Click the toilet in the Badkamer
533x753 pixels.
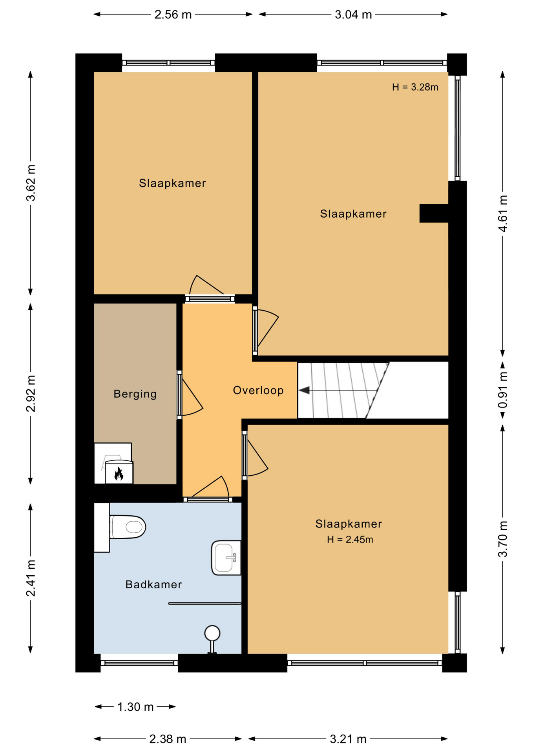pyautogui.click(x=128, y=527)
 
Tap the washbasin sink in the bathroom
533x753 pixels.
pyautogui.click(x=226, y=558)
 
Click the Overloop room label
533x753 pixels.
pyautogui.click(x=258, y=390)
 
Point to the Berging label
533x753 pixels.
pyautogui.click(x=135, y=394)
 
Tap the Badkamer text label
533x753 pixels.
pyautogui.click(x=153, y=584)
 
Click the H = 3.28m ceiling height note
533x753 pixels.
pyautogui.click(x=415, y=87)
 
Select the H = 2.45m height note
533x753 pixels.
pyautogui.click(x=350, y=540)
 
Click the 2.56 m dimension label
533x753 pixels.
pyautogui.click(x=173, y=15)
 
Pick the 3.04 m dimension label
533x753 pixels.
pyautogui.click(x=353, y=15)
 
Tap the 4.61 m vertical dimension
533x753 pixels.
pyautogui.click(x=503, y=213)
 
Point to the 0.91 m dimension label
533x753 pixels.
pyautogui.click(x=503, y=390)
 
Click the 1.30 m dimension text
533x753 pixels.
pyautogui.click(x=135, y=707)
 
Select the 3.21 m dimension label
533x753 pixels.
pyautogui.click(x=348, y=739)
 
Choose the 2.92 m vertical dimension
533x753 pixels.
pyautogui.click(x=31, y=393)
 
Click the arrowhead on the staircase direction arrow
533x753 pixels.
pyautogui.click(x=304, y=390)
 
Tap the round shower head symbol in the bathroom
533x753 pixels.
pyautogui.click(x=212, y=633)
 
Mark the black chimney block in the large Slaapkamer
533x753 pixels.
pyautogui.click(x=434, y=213)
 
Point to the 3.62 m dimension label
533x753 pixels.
pyautogui.click(x=31, y=183)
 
